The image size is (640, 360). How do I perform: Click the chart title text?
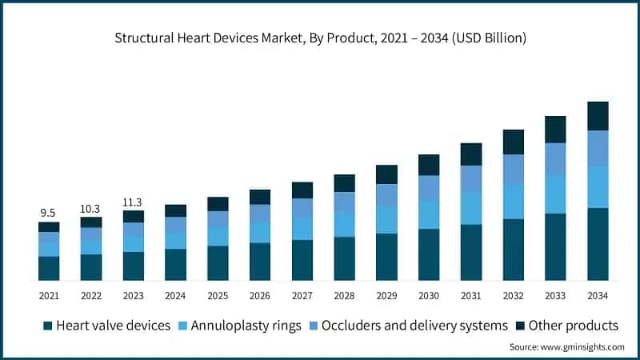[320, 38]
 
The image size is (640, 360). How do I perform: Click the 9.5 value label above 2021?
[48, 213]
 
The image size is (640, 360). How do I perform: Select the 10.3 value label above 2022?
[90, 208]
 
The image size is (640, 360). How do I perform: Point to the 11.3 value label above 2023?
[133, 202]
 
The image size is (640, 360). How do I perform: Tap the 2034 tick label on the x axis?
[598, 296]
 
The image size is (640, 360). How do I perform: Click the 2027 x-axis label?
[302, 296]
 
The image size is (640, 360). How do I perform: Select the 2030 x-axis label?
[429, 296]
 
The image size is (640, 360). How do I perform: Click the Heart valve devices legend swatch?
[48, 326]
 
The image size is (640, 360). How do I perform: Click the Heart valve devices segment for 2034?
[598, 244]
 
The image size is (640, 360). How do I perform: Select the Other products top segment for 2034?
[598, 116]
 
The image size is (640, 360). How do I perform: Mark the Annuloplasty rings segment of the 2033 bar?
[555, 194]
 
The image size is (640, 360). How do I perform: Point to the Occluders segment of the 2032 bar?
[513, 170]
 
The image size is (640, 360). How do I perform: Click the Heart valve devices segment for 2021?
[49, 268]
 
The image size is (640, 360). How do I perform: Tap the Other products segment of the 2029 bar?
[386, 174]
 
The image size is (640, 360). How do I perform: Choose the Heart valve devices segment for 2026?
[260, 262]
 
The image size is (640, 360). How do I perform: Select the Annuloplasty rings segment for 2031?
[471, 208]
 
